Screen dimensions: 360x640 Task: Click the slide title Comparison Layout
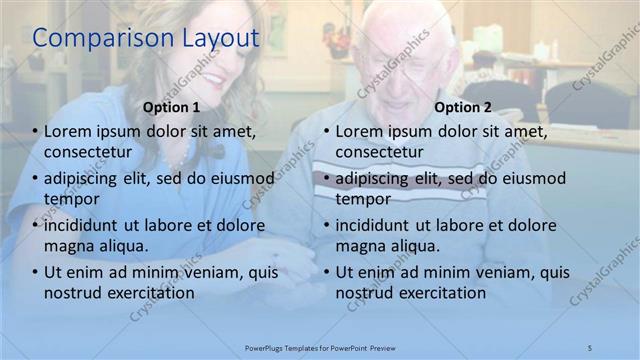tap(146, 39)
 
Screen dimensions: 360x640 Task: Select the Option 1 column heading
tap(171, 106)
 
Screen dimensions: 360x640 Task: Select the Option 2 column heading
tap(463, 106)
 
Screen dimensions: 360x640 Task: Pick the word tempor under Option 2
tap(362, 199)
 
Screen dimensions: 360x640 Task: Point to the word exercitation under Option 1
tap(144, 293)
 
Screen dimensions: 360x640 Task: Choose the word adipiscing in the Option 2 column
tap(372, 178)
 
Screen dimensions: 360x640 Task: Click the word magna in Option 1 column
tap(69, 246)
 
